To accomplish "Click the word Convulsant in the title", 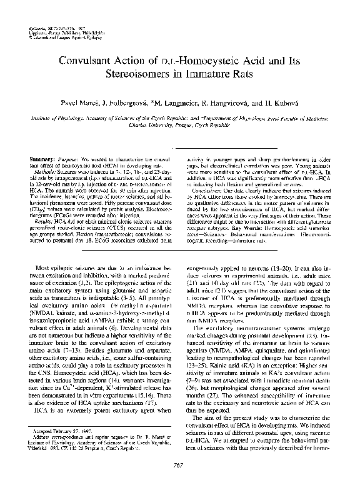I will pos(88,61).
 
